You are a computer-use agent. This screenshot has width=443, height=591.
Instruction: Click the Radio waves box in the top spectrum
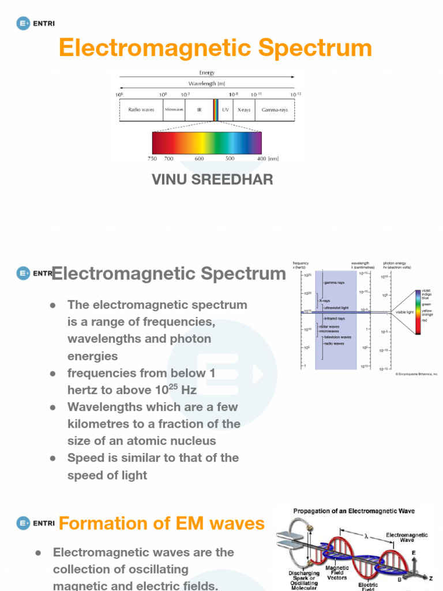pos(141,110)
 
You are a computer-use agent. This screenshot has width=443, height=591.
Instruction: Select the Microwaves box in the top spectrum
pos(174,110)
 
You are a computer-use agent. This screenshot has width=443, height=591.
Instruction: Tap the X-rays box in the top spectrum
pos(244,110)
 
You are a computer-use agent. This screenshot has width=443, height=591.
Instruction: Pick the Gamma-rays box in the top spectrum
pos(275,110)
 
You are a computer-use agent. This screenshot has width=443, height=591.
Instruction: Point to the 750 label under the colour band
pos(152,158)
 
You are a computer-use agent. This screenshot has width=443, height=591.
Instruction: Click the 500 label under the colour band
pos(230,158)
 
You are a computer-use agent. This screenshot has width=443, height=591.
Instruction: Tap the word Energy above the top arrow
pos(207,73)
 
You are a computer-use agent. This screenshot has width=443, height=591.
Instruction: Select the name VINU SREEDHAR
pos(212,179)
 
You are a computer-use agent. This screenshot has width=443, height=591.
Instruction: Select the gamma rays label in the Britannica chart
pos(334,283)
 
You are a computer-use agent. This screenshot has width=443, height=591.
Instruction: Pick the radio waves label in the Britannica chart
pos(333,343)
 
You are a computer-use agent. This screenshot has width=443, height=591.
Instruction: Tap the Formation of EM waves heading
pos(162,523)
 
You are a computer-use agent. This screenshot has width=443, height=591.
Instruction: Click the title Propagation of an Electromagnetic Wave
pos(354,511)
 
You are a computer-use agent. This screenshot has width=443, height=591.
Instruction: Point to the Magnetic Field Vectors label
pos(337,573)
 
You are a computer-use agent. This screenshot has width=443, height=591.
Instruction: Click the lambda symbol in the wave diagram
pos(366,536)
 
